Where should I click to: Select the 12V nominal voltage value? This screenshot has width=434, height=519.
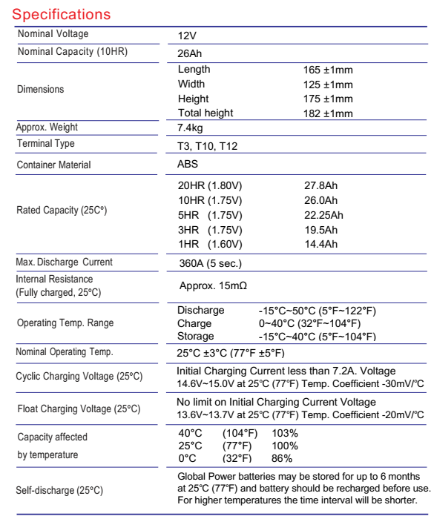click(x=187, y=36)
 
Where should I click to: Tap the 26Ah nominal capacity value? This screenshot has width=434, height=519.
click(x=190, y=53)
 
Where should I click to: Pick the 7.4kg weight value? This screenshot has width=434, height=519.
click(x=191, y=129)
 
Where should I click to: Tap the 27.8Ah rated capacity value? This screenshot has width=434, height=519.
click(x=316, y=185)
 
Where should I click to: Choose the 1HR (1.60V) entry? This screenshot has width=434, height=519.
click(x=208, y=243)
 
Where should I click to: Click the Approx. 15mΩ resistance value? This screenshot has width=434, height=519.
click(x=213, y=284)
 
